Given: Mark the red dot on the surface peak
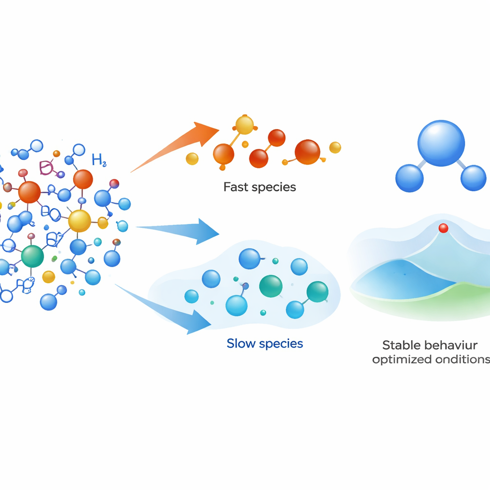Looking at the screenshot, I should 443,228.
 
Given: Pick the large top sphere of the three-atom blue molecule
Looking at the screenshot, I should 441,143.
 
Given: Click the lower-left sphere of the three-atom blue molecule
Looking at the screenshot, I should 409,178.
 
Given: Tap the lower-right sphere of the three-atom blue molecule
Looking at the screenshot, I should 473,178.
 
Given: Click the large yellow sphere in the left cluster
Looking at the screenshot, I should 79,221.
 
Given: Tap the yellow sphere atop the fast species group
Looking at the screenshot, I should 245,125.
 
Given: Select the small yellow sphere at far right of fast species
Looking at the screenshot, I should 335,147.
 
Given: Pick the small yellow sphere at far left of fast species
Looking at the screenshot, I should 192,158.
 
